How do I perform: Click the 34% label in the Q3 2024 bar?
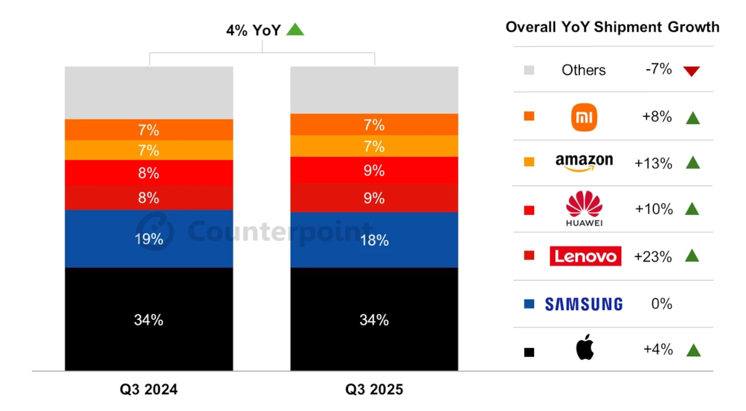coord(149,320)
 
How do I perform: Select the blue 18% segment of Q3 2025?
coord(374,239)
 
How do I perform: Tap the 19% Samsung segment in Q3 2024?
coord(149,239)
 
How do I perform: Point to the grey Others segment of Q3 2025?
coord(374,90)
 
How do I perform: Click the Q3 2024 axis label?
coord(149,390)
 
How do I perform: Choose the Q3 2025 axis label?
coord(374,390)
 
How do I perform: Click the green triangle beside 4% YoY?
coord(295,29)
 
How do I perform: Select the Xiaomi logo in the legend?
coord(584,116)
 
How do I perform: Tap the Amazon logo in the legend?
coord(584,163)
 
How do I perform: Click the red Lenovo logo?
coord(585,256)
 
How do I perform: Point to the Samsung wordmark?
coord(584,304)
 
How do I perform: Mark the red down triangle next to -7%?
coord(691,71)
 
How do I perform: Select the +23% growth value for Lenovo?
coord(653,256)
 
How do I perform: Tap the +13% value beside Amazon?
coord(653,163)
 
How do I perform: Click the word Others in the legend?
coord(584,70)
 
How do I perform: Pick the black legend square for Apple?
coord(529,352)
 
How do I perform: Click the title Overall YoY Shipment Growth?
coord(612,27)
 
